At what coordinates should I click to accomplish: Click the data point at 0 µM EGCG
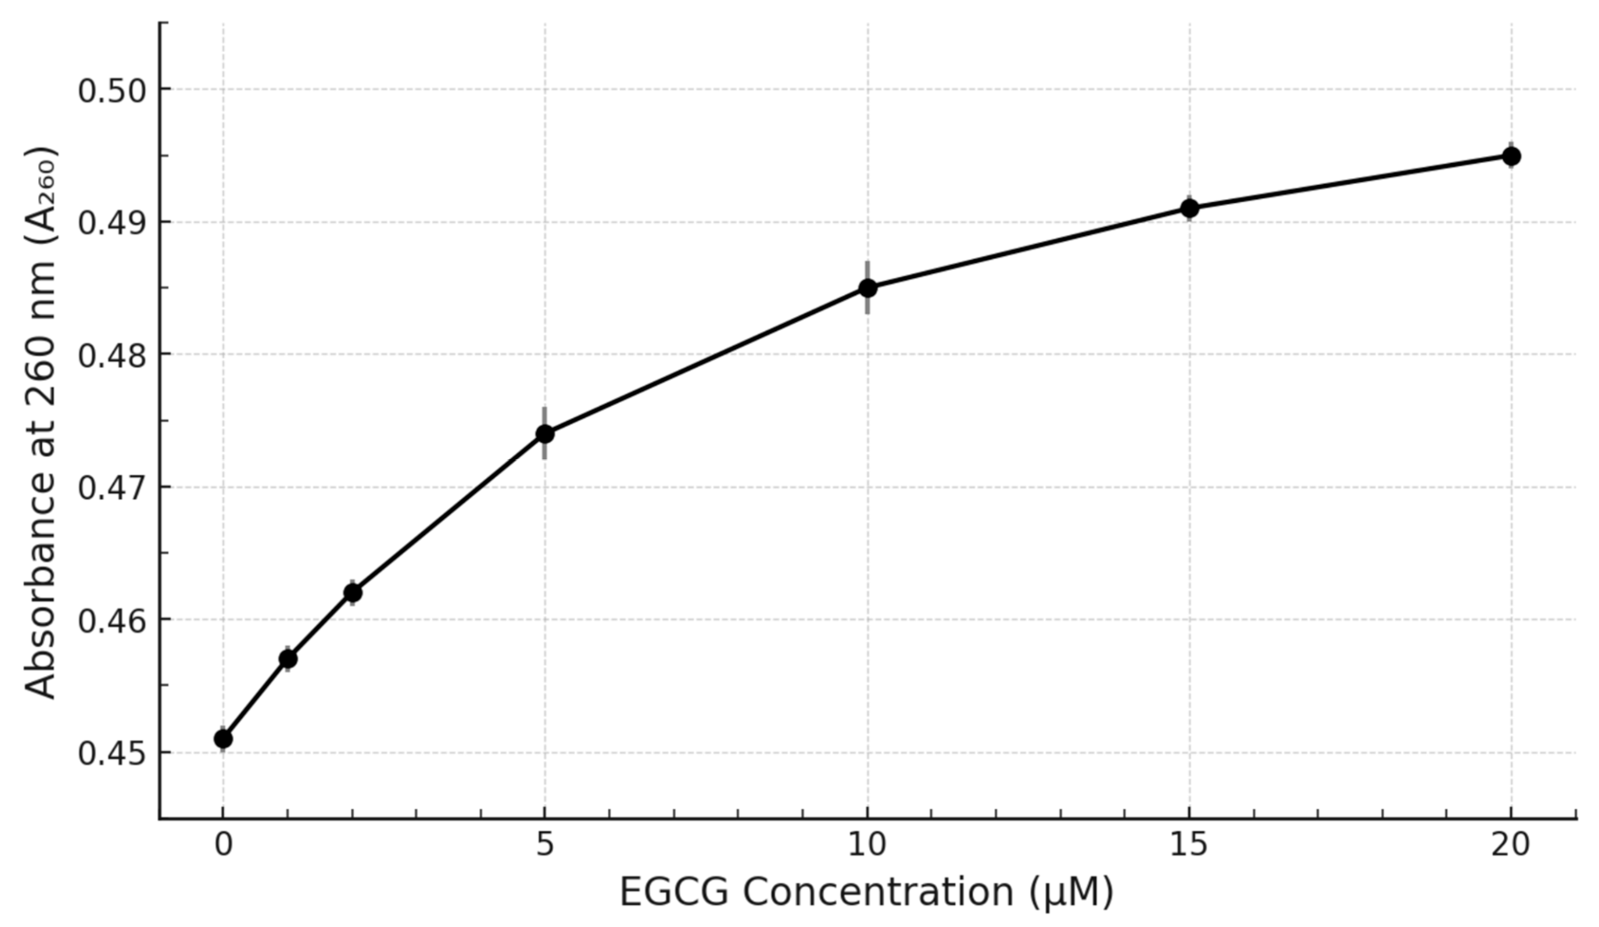[223, 738]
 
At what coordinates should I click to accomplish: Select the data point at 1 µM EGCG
[288, 659]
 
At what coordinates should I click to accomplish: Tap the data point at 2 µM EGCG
[353, 593]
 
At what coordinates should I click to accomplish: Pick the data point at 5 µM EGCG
[545, 434]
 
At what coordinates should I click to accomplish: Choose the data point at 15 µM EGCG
[1190, 208]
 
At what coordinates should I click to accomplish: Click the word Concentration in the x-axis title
[878, 893]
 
